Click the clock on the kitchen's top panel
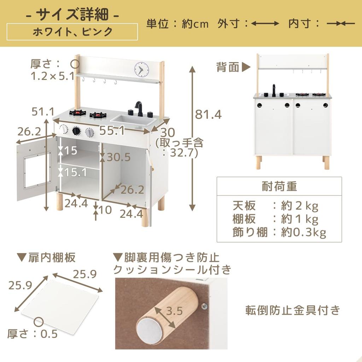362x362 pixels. click(x=141, y=69)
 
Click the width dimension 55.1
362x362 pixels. click(x=112, y=131)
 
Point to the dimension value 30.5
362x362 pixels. click(x=118, y=157)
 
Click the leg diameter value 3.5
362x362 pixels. click(x=174, y=311)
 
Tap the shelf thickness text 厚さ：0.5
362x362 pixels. click(x=32, y=334)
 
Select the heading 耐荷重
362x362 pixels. click(x=279, y=186)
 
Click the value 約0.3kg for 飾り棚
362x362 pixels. click(x=303, y=232)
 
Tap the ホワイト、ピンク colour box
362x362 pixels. click(x=72, y=32)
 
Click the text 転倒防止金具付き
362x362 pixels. click(x=293, y=310)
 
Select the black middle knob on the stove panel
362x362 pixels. click(x=76, y=131)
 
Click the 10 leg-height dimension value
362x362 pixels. click(x=105, y=210)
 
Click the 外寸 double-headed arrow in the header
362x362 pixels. click(x=265, y=24)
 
